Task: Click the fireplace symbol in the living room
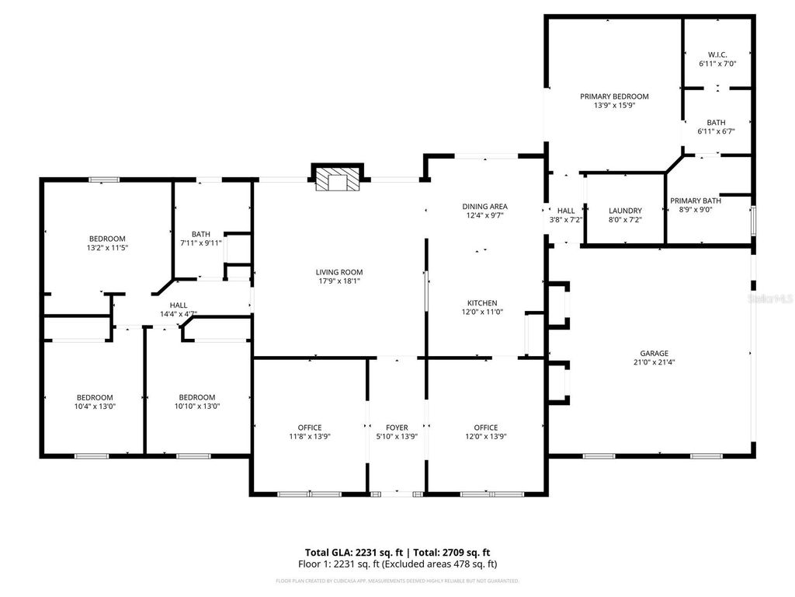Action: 338,180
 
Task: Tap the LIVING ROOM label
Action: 339,272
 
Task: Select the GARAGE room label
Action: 654,353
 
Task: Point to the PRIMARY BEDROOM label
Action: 614,96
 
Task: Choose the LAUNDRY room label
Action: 625,211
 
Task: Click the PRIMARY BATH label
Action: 696,201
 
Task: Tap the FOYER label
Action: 397,428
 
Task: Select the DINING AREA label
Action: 484,207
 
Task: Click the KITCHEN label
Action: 482,303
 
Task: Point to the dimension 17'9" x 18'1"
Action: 339,281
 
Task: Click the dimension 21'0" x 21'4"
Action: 654,362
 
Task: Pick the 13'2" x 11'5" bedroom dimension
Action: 107,248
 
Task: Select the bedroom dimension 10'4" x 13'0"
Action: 95,406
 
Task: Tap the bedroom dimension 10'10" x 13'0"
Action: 197,406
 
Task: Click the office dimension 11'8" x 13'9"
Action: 310,436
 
